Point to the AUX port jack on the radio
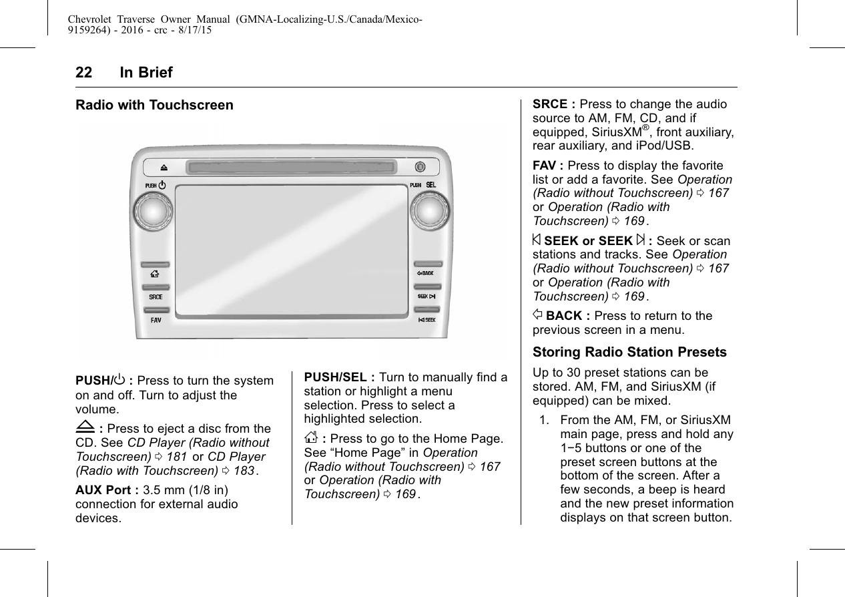[420, 166]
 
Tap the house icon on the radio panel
[155, 274]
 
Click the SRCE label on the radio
[155, 297]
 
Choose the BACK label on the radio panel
[425, 274]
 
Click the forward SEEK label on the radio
[426, 296]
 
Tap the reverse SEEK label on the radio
[426, 320]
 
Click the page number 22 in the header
[83, 73]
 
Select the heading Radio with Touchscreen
[155, 106]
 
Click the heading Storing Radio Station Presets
[629, 352]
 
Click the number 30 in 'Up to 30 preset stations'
[571, 373]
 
